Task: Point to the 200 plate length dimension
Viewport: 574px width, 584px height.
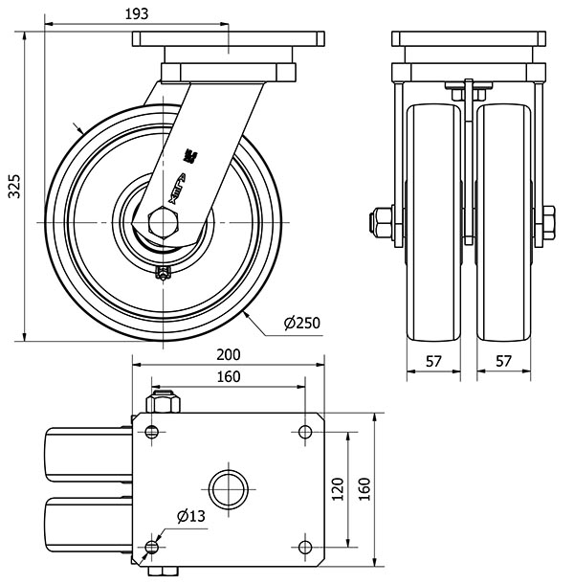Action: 229,354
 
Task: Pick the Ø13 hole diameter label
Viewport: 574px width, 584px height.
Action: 191,517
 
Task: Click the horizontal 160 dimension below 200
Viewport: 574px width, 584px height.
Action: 229,376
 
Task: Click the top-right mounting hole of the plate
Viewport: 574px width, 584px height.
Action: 305,431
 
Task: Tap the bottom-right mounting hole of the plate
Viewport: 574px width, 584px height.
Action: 305,547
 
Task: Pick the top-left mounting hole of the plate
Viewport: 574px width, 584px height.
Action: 151,431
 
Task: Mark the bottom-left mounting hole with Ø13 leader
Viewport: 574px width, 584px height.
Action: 151,547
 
